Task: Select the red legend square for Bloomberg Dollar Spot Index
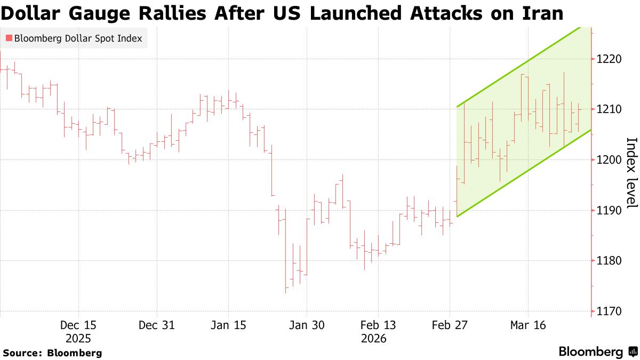(x=9, y=38)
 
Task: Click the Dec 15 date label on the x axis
(x=78, y=325)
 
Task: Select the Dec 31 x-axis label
(x=157, y=325)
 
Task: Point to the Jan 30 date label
(x=306, y=325)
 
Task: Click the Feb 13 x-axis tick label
(x=378, y=325)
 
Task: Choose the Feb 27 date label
(x=450, y=325)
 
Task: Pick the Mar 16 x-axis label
(x=528, y=325)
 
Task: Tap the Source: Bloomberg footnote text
(x=52, y=353)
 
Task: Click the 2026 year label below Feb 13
(x=373, y=339)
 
